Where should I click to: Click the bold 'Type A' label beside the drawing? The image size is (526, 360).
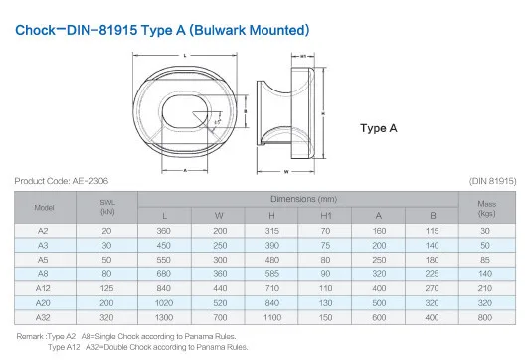[x=379, y=128]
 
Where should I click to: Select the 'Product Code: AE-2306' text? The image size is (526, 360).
[x=63, y=181]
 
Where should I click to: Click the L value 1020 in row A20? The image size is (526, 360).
[x=165, y=300]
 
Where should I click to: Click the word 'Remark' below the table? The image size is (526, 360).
[x=32, y=336]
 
